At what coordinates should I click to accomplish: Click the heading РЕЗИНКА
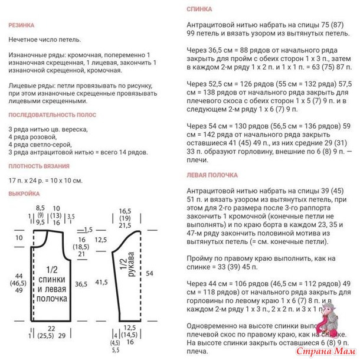21,25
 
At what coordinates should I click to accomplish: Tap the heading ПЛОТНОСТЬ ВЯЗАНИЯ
39,166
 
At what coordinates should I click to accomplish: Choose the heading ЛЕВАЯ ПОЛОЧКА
212,175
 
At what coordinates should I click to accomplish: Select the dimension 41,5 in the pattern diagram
101,283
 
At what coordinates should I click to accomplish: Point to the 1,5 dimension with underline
89,228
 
